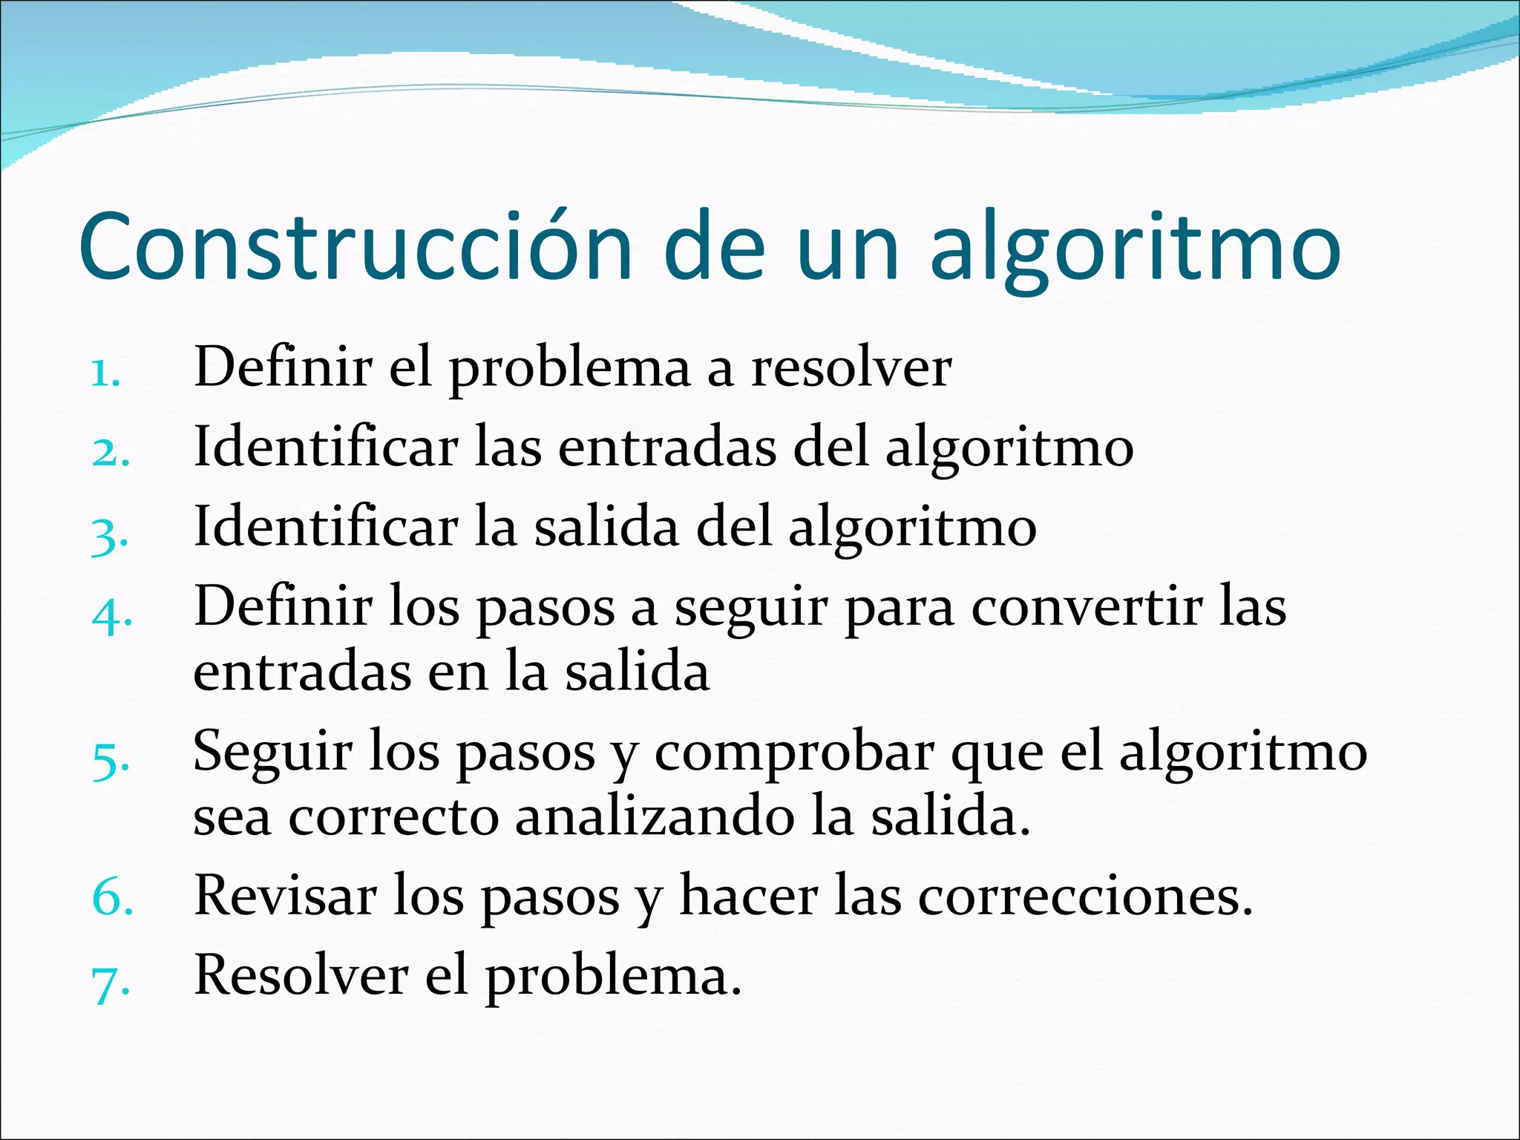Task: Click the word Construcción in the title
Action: click(x=355, y=246)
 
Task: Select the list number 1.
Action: click(x=105, y=375)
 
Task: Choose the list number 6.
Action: click(x=112, y=898)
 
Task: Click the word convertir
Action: click(x=1087, y=607)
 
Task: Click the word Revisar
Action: click(x=285, y=895)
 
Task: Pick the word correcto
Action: click(x=393, y=818)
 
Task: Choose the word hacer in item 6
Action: click(x=749, y=895)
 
